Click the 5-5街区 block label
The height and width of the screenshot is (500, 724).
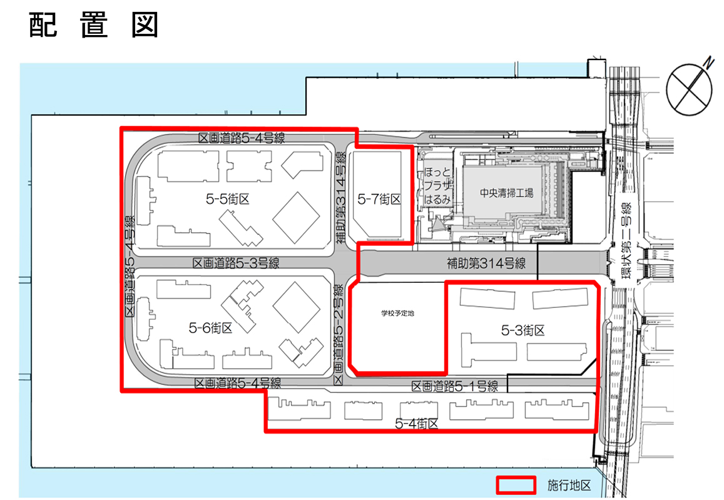pyautogui.click(x=228, y=199)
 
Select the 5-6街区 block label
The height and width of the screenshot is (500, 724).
pyautogui.click(x=210, y=328)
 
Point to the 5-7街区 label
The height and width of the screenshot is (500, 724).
pyautogui.click(x=379, y=199)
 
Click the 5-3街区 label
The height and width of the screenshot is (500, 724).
pyautogui.click(x=523, y=330)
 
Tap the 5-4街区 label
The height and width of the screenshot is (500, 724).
pyautogui.click(x=417, y=424)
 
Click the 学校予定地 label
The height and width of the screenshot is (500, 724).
pyautogui.click(x=397, y=314)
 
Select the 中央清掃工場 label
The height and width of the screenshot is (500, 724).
pyautogui.click(x=506, y=193)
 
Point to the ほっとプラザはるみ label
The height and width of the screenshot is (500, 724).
pyautogui.click(x=437, y=186)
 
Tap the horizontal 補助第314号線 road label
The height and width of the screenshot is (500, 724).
pyautogui.click(x=486, y=263)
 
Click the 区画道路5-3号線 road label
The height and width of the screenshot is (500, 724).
pyautogui.click(x=236, y=263)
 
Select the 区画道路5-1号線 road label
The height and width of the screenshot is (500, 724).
pyautogui.click(x=455, y=386)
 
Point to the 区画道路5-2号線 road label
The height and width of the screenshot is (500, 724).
pyautogui.click(x=339, y=334)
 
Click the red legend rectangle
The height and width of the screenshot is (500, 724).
pyautogui.click(x=516, y=485)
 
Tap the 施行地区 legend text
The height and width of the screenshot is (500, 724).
pyautogui.click(x=569, y=485)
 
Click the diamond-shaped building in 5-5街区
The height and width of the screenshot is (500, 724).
pyautogui.click(x=296, y=217)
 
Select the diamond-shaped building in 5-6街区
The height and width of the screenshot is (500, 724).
pyautogui.click(x=296, y=307)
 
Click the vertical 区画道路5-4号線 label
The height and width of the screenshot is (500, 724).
pyautogui.click(x=130, y=266)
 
